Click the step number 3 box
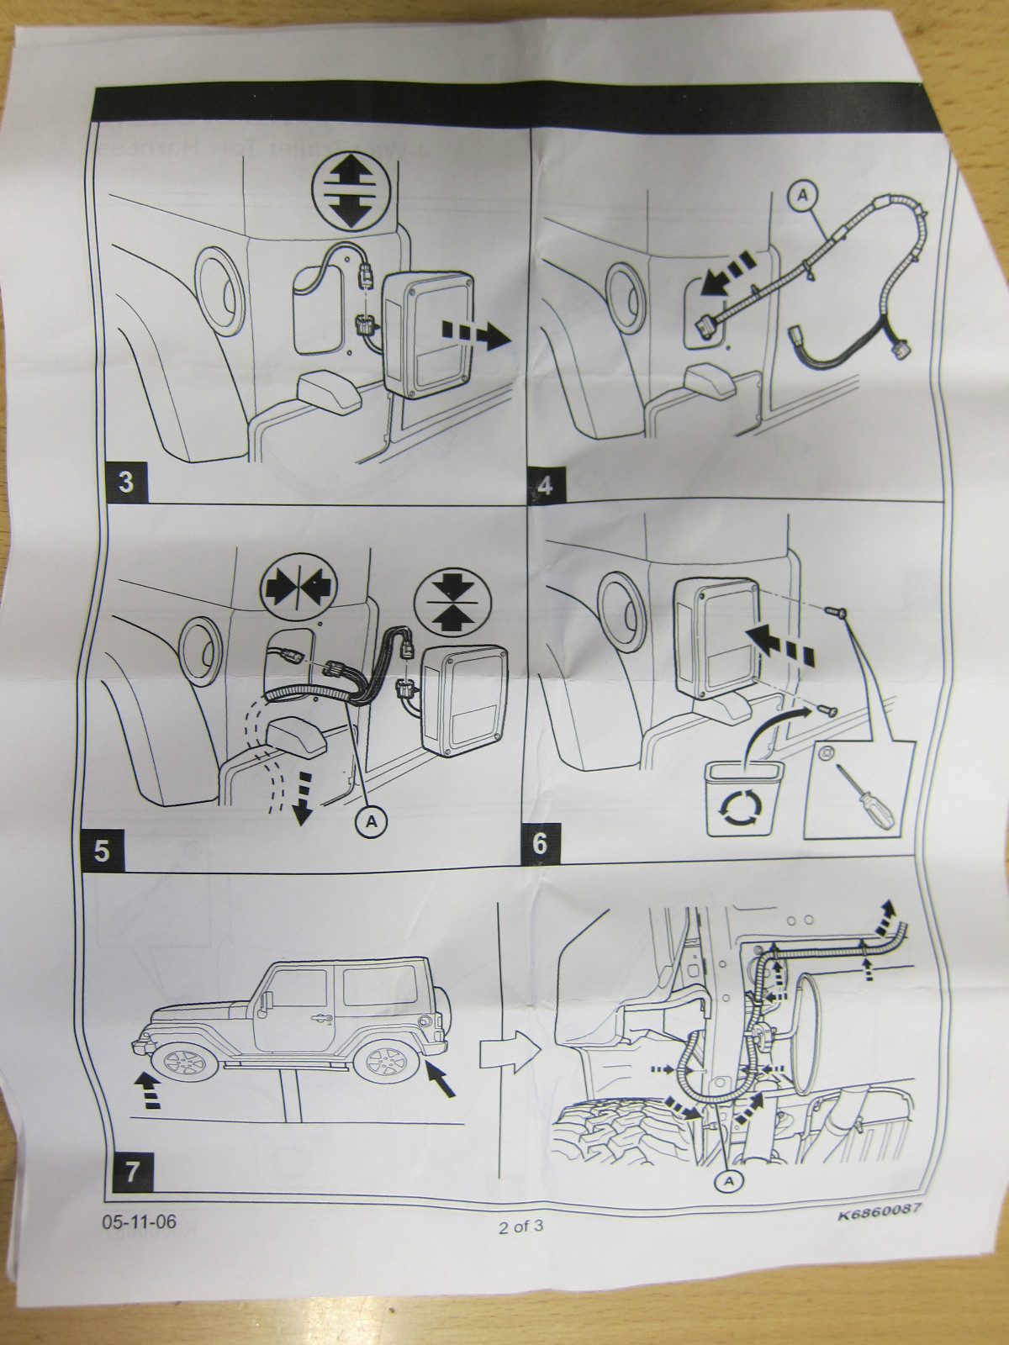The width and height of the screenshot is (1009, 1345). click(125, 482)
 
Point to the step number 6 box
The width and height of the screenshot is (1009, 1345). click(539, 844)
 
